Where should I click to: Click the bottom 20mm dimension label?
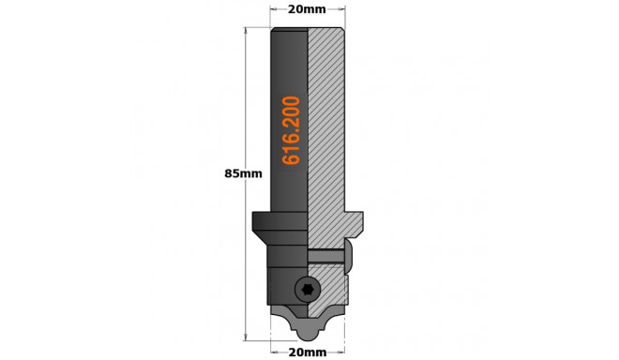click(308, 352)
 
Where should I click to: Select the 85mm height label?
click(244, 173)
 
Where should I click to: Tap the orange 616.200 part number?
click(291, 130)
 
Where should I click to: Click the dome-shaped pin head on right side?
click(348, 256)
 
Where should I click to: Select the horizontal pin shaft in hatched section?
click(325, 255)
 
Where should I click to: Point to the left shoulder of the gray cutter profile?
click(279, 308)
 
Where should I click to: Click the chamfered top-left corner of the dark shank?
click(274, 30)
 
